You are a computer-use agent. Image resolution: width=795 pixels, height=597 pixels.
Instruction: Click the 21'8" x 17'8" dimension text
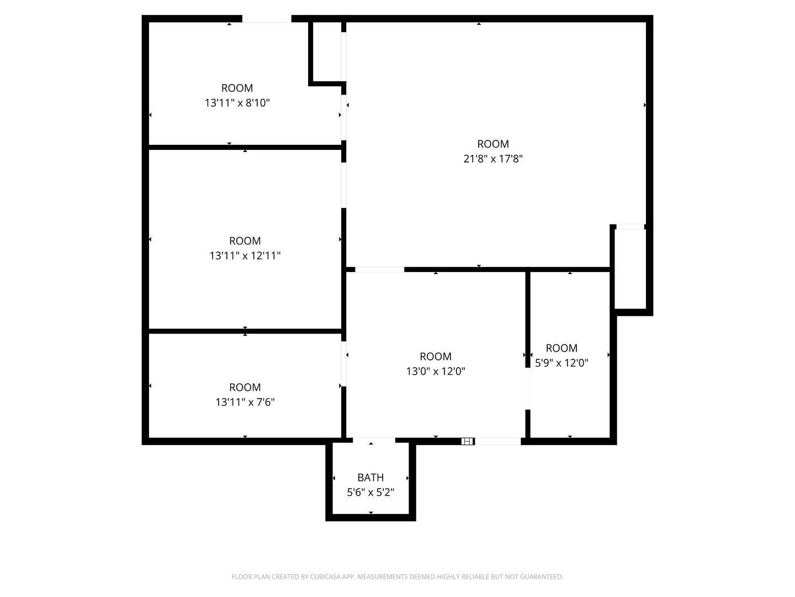(x=492, y=159)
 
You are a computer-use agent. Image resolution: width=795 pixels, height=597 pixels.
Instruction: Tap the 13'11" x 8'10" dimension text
(x=237, y=103)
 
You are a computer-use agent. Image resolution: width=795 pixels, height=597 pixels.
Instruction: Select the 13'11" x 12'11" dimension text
(x=245, y=256)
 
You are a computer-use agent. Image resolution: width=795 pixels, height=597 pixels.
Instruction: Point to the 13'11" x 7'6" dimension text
(x=245, y=402)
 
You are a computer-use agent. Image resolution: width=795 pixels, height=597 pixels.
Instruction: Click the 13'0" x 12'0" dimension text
(x=436, y=371)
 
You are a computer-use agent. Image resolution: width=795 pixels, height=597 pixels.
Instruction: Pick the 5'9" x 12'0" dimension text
(x=561, y=363)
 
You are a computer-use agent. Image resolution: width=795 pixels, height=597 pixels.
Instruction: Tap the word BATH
(x=370, y=478)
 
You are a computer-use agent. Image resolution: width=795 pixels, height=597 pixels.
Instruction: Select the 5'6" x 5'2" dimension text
(x=370, y=492)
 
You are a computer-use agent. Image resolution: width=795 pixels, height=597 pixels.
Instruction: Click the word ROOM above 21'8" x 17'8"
(x=492, y=144)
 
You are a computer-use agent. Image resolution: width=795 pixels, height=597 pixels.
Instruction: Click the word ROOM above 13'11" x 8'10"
(x=237, y=88)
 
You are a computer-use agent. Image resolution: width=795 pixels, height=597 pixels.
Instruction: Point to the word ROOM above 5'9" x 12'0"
(x=561, y=348)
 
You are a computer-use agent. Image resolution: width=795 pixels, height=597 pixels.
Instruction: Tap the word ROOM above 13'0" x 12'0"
(x=436, y=357)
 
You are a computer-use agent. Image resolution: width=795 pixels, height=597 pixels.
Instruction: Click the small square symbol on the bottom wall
(x=467, y=441)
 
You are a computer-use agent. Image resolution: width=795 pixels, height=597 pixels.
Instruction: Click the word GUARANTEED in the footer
(x=541, y=577)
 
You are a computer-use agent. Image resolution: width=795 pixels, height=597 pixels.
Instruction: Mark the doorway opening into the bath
(x=374, y=441)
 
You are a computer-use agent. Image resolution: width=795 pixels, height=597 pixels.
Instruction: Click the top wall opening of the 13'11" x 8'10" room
(x=266, y=19)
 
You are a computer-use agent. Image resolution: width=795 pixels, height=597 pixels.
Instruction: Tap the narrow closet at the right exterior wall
(x=630, y=269)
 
